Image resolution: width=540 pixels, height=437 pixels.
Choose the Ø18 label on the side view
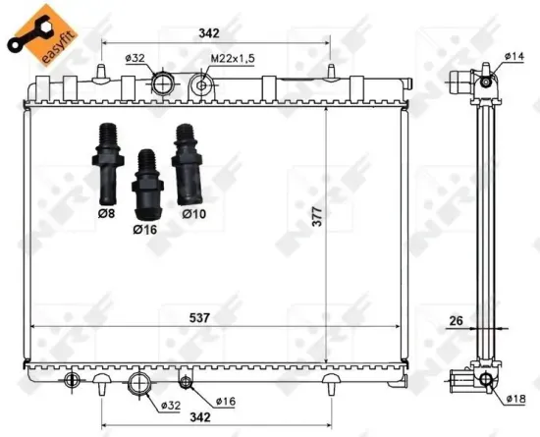tap(516, 399)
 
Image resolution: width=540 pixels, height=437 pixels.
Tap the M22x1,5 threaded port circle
tap(201, 85)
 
